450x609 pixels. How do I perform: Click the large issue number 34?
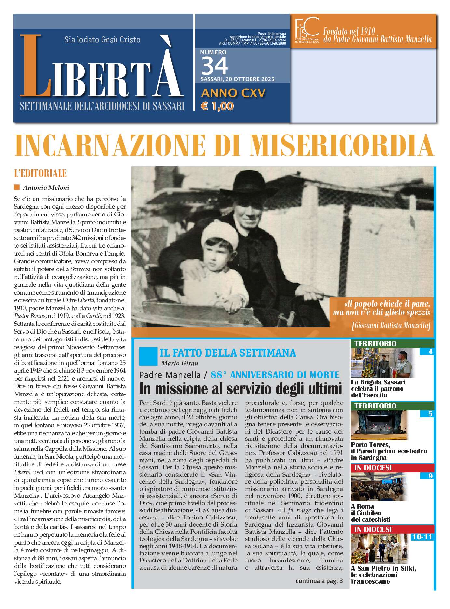point(215,66)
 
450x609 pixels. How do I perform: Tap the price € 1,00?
point(217,106)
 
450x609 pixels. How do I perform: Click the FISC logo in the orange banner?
point(307,30)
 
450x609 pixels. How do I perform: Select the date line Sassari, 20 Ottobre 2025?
point(237,79)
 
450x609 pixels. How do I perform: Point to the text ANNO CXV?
point(233,93)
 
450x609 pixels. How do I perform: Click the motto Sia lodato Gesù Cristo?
point(102,40)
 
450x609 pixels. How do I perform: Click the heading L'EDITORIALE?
point(40,173)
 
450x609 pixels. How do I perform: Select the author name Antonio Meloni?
point(46,187)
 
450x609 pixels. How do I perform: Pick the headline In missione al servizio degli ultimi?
point(240,389)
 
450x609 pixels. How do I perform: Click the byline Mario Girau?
point(180,363)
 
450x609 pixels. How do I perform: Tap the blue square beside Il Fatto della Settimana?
point(148,356)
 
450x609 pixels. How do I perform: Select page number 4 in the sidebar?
point(430,352)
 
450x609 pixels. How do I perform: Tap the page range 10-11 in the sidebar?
point(422,537)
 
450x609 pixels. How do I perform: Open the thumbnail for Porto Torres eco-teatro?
point(379,425)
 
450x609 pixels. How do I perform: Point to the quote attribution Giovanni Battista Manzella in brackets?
point(391,325)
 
